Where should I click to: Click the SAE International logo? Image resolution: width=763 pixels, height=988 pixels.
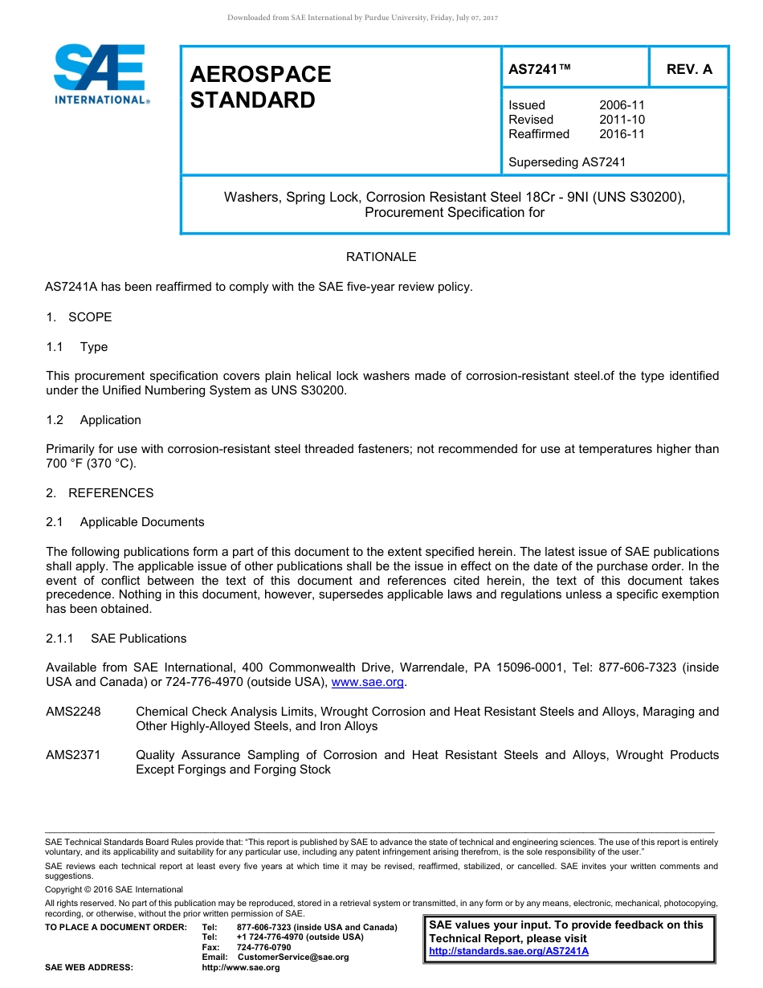[100, 74]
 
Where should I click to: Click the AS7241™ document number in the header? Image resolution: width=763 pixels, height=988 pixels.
[540, 69]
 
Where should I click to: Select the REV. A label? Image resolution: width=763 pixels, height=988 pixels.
[689, 69]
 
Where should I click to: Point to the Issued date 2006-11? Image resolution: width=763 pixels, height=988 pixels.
[622, 105]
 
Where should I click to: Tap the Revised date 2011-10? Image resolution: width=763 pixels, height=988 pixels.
[622, 120]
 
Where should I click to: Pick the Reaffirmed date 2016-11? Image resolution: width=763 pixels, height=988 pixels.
[622, 134]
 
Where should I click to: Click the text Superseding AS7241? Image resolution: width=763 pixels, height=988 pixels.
[567, 162]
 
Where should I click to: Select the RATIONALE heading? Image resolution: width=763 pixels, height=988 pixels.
[381, 257]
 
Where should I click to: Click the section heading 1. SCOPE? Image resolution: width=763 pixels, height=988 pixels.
[79, 317]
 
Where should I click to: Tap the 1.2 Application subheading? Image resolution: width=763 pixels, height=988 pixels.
[93, 420]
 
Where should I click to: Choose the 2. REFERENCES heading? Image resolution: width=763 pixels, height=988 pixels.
[100, 493]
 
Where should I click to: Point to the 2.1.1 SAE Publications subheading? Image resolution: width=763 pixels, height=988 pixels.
[116, 639]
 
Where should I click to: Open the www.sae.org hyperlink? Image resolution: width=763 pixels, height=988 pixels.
[367, 683]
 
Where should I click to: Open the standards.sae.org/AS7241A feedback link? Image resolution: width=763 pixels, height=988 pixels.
[508, 951]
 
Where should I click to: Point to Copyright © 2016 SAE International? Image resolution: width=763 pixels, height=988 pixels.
[114, 889]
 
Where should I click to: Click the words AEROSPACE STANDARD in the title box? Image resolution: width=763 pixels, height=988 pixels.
[260, 87]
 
